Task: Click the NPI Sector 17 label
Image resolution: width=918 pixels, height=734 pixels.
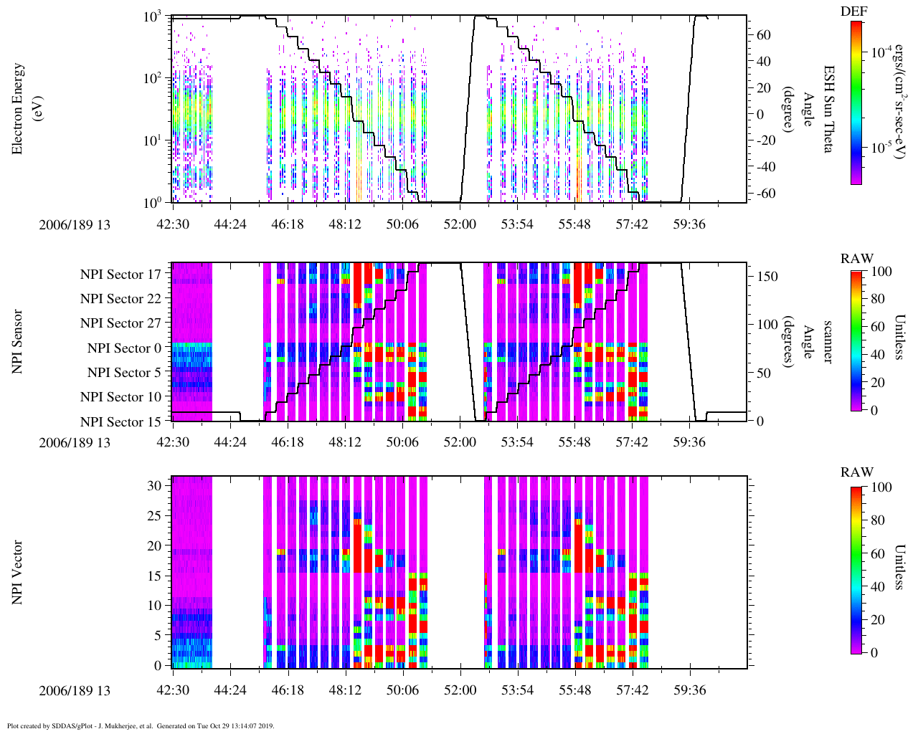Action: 120,274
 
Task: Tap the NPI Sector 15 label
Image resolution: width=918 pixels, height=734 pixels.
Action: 120,422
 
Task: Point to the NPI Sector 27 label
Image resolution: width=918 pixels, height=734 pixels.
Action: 120,323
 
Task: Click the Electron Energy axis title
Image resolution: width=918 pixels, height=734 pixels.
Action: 25,109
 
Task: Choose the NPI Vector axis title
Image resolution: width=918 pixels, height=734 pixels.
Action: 18,572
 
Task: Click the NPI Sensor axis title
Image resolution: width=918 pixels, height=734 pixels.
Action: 18,341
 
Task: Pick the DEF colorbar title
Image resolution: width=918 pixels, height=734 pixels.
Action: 854,11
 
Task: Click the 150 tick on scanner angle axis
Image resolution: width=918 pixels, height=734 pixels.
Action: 768,276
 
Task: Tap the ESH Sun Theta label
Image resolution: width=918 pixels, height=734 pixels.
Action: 828,109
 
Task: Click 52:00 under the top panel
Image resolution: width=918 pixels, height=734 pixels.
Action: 460,224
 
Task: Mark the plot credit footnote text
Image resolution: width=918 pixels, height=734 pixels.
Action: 141,725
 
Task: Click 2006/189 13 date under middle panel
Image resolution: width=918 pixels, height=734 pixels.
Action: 75,442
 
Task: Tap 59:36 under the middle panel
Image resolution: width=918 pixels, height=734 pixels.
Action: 689,442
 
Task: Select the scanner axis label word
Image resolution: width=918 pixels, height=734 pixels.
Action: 827,341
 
